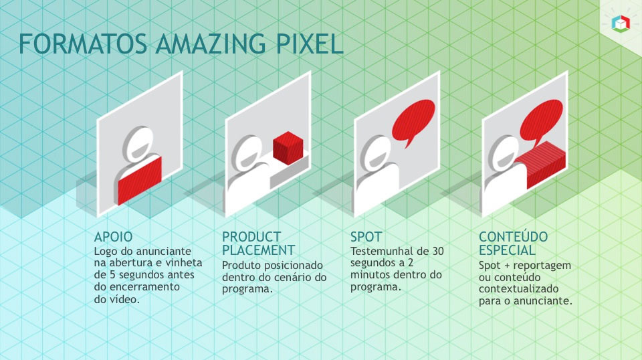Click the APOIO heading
(x=113, y=237)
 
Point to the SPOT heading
(x=366, y=237)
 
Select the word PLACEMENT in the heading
(x=258, y=250)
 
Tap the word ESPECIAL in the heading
(x=507, y=250)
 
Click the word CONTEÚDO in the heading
(x=513, y=237)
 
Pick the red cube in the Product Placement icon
(x=288, y=148)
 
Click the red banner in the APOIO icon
(x=139, y=179)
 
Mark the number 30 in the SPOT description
(x=437, y=251)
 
